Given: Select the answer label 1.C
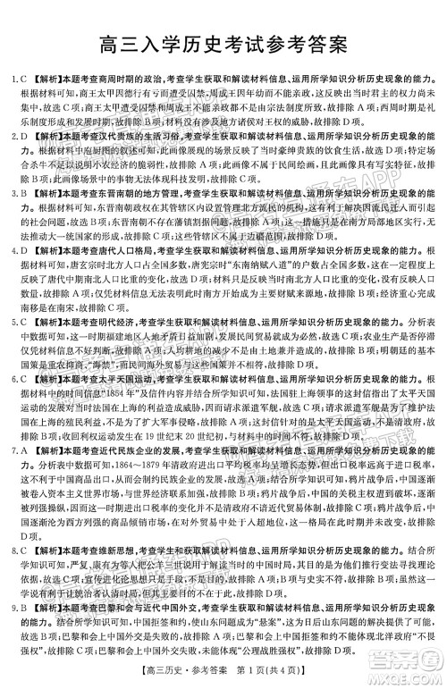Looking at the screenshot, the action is [x=12, y=80].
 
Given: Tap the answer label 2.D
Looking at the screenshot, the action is [x=12, y=138].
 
